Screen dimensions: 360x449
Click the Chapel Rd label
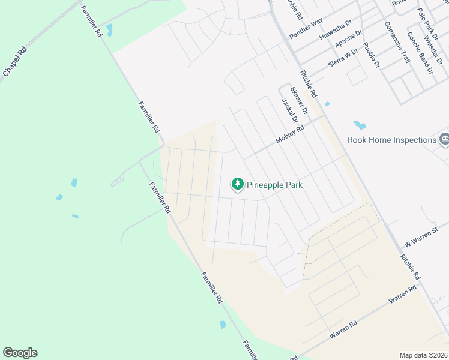pyautogui.click(x=16, y=62)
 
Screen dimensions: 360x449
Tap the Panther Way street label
pyautogui.click(x=306, y=28)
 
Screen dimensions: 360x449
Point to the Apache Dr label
pyautogui.click(x=349, y=40)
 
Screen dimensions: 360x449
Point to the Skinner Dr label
pyautogui.click(x=298, y=101)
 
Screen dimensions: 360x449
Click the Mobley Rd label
pyautogui.click(x=291, y=133)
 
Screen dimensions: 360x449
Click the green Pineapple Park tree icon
pyautogui.click(x=238, y=185)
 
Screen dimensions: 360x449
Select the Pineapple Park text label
pyautogui.click(x=274, y=185)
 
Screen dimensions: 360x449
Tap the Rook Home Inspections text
pyautogui.click(x=392, y=140)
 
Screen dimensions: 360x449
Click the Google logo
pyautogui.click(x=20, y=353)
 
